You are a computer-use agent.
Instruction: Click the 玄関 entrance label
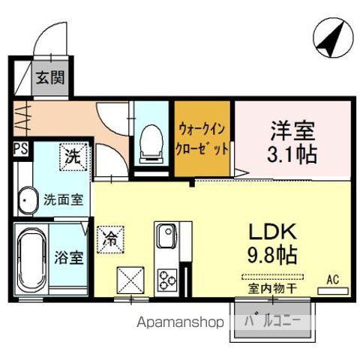(x=52, y=76)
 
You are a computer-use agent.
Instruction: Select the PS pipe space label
(x=21, y=148)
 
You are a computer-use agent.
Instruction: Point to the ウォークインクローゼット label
(x=202, y=139)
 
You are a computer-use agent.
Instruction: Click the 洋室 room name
(x=289, y=127)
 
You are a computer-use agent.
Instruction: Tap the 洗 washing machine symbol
(x=71, y=157)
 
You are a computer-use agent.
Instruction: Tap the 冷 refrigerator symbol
(x=109, y=240)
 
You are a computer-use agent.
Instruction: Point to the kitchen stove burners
(x=165, y=279)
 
